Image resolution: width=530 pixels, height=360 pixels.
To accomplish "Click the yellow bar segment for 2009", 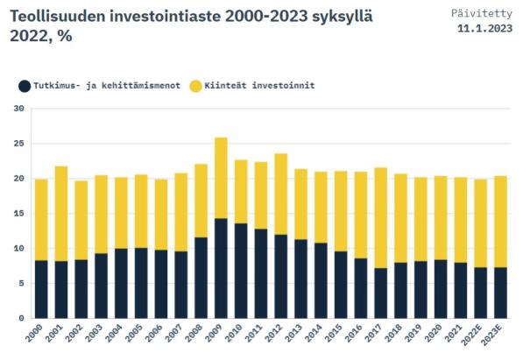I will click(221, 178).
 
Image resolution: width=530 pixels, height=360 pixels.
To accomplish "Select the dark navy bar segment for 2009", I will click(221, 268).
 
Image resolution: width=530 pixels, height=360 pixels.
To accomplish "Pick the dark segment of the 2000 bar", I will click(41, 289).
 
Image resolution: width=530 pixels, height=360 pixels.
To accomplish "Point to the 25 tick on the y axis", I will click(18, 144).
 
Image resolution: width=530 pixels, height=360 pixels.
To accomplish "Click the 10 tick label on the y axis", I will click(18, 249).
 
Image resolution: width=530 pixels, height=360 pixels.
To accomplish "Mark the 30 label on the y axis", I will click(18, 109).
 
